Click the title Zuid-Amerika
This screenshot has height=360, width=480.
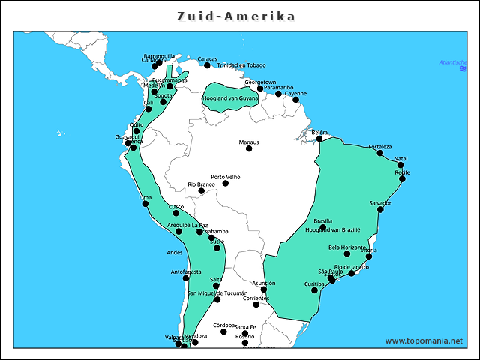(x=236, y=16)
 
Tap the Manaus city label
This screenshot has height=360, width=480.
(x=249, y=142)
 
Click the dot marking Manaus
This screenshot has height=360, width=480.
(x=249, y=148)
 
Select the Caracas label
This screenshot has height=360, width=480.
(x=207, y=58)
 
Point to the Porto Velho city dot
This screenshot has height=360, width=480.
(x=226, y=183)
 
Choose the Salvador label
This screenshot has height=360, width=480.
(x=380, y=203)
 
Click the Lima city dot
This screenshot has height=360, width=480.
(x=145, y=204)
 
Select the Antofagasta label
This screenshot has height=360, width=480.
(x=186, y=271)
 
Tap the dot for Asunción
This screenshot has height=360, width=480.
(x=264, y=289)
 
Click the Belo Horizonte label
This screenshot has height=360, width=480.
(x=347, y=247)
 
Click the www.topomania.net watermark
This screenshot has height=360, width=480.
(x=424, y=340)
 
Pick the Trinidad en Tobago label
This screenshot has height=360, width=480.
(x=241, y=65)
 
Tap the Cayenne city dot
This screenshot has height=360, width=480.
(x=295, y=100)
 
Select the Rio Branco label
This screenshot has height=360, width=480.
(x=201, y=184)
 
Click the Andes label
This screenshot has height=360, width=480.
(x=174, y=252)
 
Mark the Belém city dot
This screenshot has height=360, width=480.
(x=319, y=139)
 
